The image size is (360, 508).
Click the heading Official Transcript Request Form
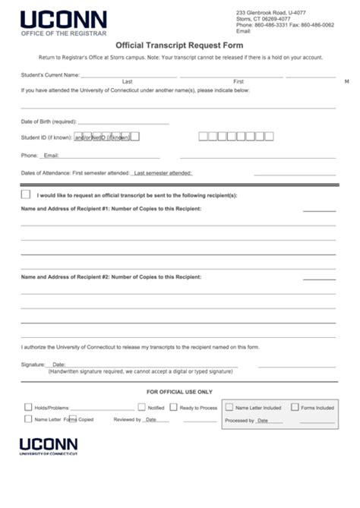point(178,45)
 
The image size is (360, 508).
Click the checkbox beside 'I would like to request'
point(26,195)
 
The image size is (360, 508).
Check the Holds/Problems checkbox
point(28,407)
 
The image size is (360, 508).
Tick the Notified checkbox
point(141,407)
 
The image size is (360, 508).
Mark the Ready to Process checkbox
point(173,407)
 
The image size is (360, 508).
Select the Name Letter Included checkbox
point(229,407)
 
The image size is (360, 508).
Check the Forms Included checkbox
point(295,407)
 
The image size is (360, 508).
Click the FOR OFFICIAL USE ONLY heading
point(179,392)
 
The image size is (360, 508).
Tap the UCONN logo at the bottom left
point(49,444)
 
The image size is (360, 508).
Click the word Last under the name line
point(127,81)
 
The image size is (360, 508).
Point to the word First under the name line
point(238,81)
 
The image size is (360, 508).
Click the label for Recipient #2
point(111,276)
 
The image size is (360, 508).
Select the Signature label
point(33,364)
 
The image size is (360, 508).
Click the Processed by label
point(239,420)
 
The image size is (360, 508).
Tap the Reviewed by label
point(127,419)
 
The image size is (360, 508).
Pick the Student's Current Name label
point(50,75)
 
